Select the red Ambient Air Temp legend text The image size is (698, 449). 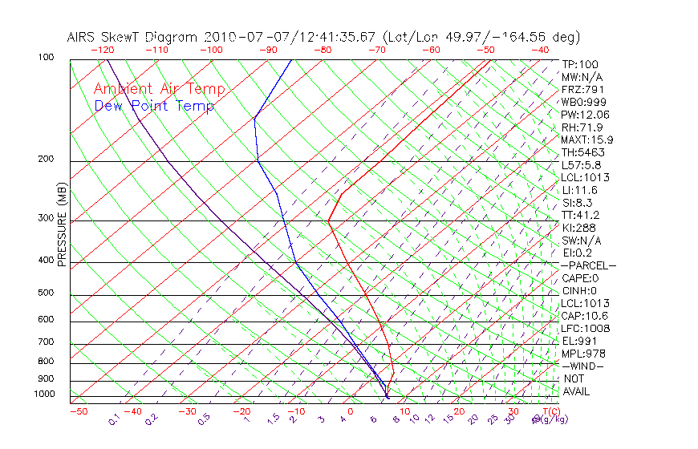tap(159, 90)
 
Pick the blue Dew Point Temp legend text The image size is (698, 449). tap(154, 107)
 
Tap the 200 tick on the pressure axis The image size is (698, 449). tap(45, 160)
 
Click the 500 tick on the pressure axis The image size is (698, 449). tap(45, 293)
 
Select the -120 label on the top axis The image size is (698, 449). tap(102, 50)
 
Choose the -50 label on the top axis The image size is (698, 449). tap(485, 50)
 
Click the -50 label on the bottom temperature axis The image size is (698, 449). tap(78, 412)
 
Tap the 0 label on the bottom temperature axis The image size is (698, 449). tap(351, 412)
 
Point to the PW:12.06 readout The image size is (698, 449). tap(586, 115)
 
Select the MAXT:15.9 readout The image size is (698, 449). tap(587, 140)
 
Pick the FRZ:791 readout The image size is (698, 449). tap(582, 90)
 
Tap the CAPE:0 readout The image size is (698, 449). tap(580, 278)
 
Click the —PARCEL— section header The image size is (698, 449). tap(588, 265)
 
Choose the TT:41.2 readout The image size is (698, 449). tap(580, 215)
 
